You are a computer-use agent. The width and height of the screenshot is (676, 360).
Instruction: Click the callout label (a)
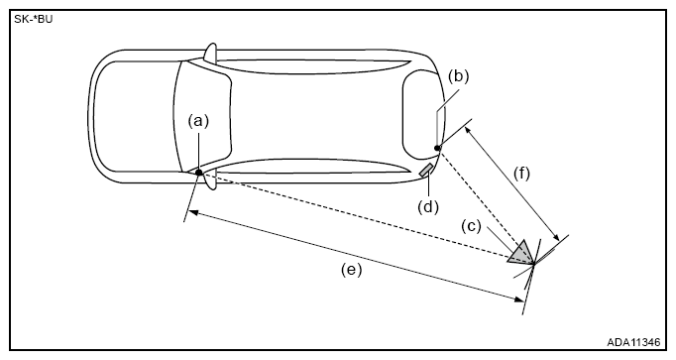pos(198,122)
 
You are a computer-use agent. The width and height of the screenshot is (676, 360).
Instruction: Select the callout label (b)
pos(458,76)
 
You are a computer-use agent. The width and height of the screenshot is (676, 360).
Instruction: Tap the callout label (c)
pos(471,226)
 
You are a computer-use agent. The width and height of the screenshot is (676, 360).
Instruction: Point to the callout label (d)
pos(427,207)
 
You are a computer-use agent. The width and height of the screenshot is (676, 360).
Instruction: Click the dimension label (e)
pos(352,270)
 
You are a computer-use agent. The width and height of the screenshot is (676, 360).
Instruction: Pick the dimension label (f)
pos(521,174)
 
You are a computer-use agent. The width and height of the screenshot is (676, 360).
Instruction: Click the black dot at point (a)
pos(199,173)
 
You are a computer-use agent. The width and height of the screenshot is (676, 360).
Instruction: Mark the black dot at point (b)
pos(437,149)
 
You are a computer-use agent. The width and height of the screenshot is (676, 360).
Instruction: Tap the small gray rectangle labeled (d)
pos(426,171)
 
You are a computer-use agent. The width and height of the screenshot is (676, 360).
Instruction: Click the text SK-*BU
pos(33,20)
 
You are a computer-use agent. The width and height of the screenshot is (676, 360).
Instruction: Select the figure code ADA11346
pos(633,342)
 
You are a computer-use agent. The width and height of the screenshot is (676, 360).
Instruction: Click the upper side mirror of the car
pos(210,52)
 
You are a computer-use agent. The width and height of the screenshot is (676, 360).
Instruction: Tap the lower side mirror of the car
pos(210,181)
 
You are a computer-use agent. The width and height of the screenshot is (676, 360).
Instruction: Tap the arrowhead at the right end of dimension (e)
pos(520,299)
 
